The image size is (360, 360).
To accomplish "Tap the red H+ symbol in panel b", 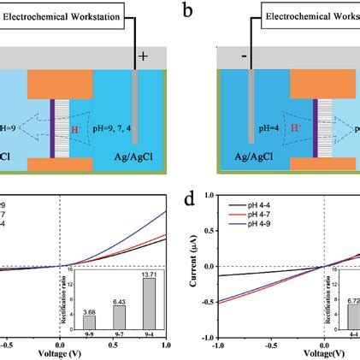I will tap(277, 127).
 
